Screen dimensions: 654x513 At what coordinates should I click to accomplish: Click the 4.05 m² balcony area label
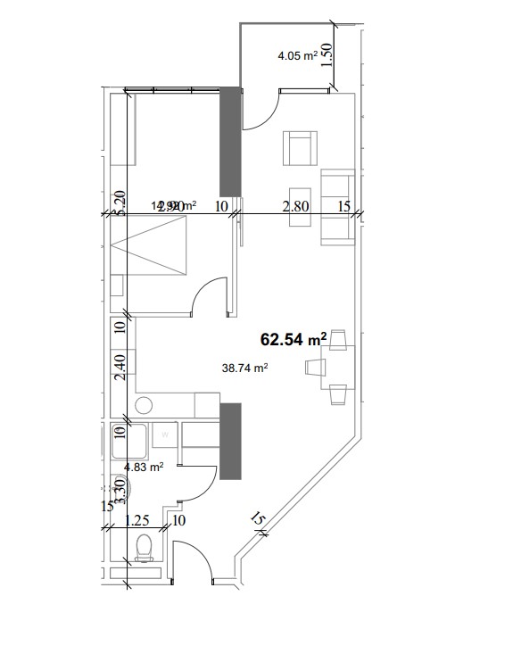[x=298, y=55]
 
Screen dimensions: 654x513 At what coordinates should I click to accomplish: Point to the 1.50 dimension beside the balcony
[x=327, y=56]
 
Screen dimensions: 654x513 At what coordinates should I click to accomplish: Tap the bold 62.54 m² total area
[x=293, y=340]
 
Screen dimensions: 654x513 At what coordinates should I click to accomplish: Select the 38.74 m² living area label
[x=245, y=366]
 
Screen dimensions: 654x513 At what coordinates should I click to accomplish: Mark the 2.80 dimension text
[x=295, y=206]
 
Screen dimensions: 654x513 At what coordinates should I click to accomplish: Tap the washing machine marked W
[x=164, y=436]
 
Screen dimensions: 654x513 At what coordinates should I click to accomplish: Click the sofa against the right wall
[x=336, y=207]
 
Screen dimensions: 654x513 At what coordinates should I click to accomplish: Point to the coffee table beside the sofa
[x=299, y=207]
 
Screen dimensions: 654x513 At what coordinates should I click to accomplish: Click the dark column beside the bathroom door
[x=230, y=442]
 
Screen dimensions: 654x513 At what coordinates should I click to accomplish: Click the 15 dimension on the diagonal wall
[x=259, y=519]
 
